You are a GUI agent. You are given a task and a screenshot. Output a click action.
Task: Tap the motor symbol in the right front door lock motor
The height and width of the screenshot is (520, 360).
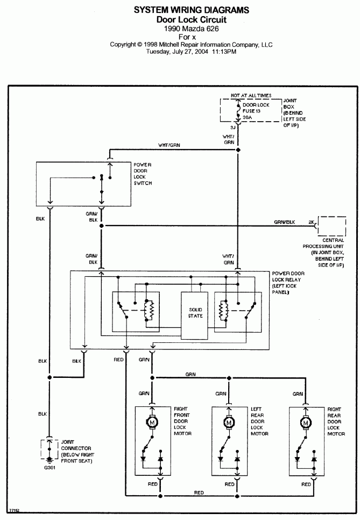tap(153, 423)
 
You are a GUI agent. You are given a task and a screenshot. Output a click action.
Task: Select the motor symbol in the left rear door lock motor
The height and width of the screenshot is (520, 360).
tap(230, 423)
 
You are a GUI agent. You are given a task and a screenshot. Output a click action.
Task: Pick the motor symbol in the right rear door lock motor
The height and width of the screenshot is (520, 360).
tap(307, 423)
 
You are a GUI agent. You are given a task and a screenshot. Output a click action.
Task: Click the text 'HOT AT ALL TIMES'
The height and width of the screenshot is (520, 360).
tap(250, 95)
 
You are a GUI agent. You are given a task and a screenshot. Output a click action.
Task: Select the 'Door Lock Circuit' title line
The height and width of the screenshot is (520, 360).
tap(192, 19)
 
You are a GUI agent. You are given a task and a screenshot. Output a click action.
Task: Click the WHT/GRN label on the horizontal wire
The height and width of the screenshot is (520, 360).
tap(169, 145)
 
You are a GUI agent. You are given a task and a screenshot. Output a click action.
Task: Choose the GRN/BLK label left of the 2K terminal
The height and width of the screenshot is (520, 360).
tap(284, 222)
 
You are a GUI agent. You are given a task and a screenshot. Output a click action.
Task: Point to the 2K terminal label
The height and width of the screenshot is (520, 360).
tap(311, 222)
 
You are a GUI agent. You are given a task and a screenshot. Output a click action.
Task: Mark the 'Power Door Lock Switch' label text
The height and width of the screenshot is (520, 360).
tap(143, 173)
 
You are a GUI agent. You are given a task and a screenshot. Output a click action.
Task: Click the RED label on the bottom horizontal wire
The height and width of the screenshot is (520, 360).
tap(199, 493)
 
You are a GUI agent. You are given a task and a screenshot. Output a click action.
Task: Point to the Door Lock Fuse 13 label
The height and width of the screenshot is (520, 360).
tap(257, 110)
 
